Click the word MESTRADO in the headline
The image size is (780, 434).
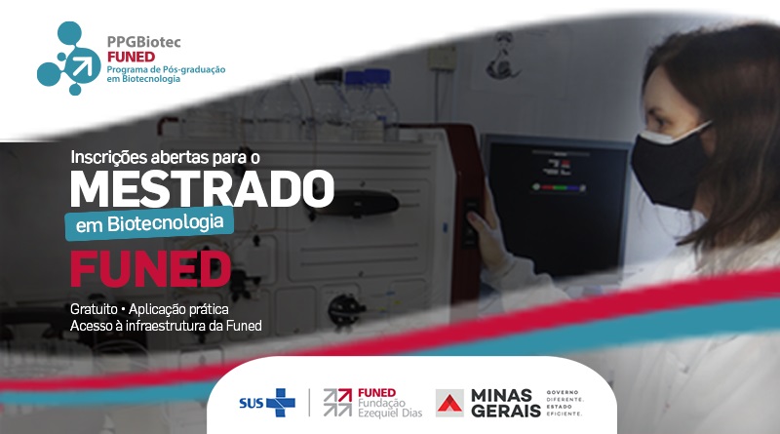click(x=202, y=188)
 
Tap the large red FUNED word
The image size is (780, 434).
click(x=151, y=269)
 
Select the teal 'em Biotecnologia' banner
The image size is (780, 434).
click(x=149, y=223)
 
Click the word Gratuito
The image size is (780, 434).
click(x=94, y=309)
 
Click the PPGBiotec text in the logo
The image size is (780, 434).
click(x=144, y=42)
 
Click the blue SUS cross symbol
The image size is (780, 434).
click(x=281, y=402)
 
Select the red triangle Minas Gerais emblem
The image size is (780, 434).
click(x=449, y=403)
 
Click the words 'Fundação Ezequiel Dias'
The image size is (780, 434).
click(x=390, y=408)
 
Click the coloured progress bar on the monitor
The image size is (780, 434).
click(x=559, y=187)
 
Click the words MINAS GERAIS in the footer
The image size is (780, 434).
click(x=505, y=403)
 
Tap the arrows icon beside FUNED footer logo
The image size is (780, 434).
click(x=337, y=403)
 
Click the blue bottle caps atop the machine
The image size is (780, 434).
click(x=369, y=77)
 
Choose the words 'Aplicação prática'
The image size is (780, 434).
click(x=178, y=309)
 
